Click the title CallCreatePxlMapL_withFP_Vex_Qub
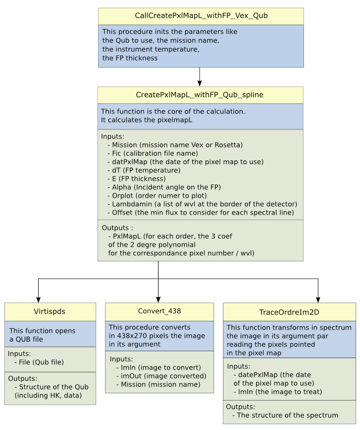coord(201,15)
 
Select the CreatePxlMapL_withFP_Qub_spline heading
coord(200,95)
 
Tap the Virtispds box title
coord(50,312)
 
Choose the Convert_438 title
coord(159,311)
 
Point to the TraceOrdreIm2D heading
coord(289,312)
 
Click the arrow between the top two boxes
coord(200,77)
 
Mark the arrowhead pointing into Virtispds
coord(38,300)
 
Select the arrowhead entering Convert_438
coord(158,300)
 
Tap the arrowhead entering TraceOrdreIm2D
coord(318,300)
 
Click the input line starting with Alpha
coord(164,187)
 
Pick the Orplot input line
coord(157,196)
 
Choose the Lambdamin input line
coord(202,204)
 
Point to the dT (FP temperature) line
coord(144,170)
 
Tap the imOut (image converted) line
coord(161,376)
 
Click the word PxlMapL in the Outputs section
coord(127,236)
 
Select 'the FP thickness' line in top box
coord(130,58)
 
